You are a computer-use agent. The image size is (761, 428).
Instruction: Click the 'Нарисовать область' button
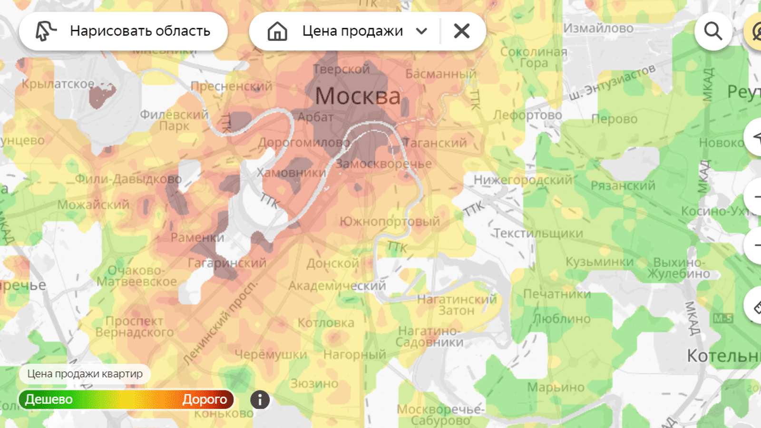(123, 31)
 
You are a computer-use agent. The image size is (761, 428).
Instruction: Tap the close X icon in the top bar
(461, 31)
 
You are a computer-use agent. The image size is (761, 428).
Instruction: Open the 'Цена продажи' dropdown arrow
(421, 31)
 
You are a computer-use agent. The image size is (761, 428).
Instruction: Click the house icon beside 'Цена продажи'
(277, 31)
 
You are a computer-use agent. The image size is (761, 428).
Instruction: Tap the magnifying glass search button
(713, 31)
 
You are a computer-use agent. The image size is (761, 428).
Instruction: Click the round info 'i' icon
(260, 399)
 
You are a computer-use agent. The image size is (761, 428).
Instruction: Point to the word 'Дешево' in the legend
(49, 399)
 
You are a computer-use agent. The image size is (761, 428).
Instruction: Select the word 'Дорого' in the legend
(205, 399)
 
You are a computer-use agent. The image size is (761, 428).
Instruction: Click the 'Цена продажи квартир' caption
(85, 374)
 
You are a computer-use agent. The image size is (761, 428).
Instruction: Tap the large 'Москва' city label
(358, 97)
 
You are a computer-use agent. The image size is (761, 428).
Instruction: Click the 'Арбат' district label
(315, 117)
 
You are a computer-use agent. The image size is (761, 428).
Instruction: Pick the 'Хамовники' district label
(291, 173)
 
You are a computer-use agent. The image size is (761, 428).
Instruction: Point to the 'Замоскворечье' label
(383, 164)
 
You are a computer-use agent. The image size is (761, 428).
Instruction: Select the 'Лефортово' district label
(527, 115)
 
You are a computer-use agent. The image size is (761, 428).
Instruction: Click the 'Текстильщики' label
(538, 233)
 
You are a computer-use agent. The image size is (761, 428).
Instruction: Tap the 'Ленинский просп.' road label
(220, 323)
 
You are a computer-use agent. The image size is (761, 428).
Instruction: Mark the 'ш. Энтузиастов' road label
(613, 82)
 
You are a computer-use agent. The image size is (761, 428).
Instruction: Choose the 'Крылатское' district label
(58, 84)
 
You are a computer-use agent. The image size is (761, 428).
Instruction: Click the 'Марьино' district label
(556, 388)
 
